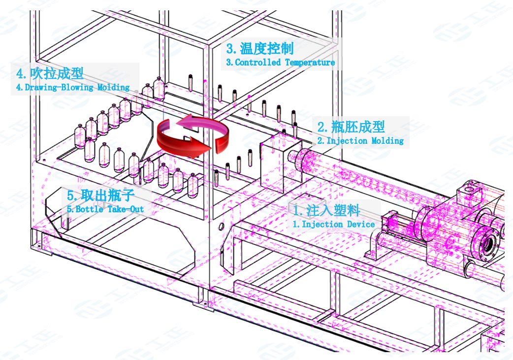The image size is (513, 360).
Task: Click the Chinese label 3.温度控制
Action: point(260,48)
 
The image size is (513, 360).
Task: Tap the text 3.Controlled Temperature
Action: point(281,63)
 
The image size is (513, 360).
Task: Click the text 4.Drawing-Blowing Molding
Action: point(73,87)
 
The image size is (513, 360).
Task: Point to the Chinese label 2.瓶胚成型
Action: point(351,127)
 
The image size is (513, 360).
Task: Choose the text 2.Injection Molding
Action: point(360,140)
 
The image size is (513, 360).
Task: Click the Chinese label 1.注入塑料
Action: point(326,211)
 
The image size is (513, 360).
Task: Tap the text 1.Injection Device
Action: point(334,224)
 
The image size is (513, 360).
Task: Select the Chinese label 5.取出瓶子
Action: point(100,195)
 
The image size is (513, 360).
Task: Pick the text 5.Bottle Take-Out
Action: point(105,209)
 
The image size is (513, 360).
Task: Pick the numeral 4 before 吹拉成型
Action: point(20,74)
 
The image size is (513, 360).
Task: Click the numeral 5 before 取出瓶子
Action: point(70,195)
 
